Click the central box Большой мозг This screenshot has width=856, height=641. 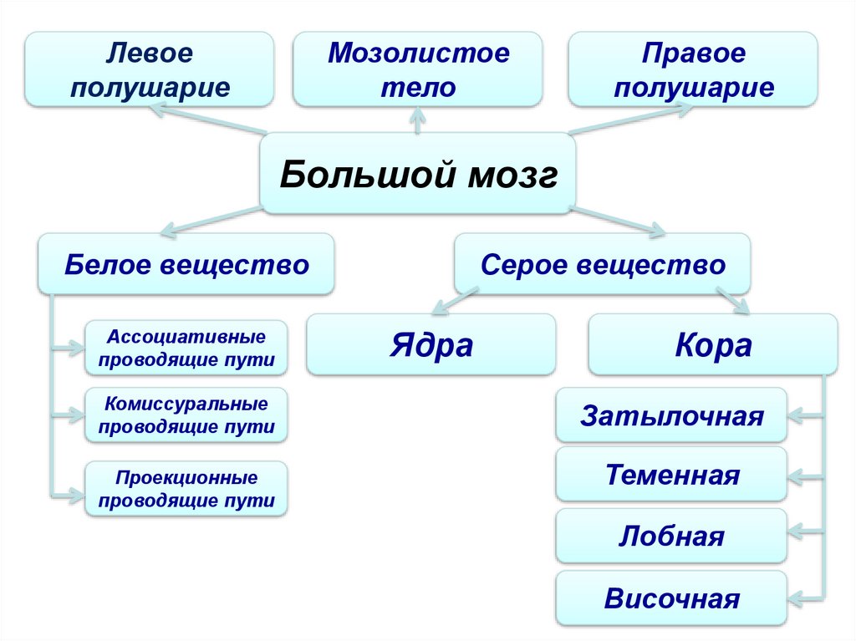tap(418, 175)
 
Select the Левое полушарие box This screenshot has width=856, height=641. tap(150, 69)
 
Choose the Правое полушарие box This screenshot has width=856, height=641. tap(693, 69)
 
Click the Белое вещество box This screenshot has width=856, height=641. tap(186, 265)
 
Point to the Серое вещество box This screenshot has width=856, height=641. tap(602, 265)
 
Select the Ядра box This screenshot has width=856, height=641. tap(431, 344)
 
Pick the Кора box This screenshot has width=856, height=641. tap(713, 344)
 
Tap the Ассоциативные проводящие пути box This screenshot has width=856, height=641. tap(186, 348)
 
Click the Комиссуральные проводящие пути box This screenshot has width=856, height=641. tap(186, 415)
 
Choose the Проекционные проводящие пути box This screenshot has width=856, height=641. tap(186, 490)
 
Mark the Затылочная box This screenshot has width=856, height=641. tap(671, 415)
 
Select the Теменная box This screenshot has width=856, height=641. tap(671, 476)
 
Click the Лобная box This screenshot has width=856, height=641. tap(671, 536)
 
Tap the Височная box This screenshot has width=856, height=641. tap(671, 598)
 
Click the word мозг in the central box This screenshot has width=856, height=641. tap(512, 176)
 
